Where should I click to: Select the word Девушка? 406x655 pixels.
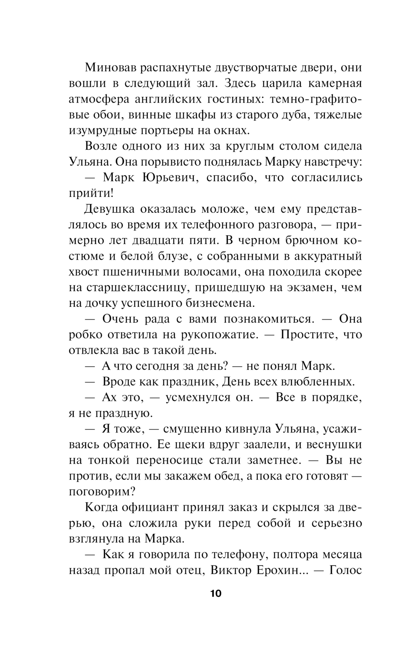pos(109,209)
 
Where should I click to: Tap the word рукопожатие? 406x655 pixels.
pos(210,335)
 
